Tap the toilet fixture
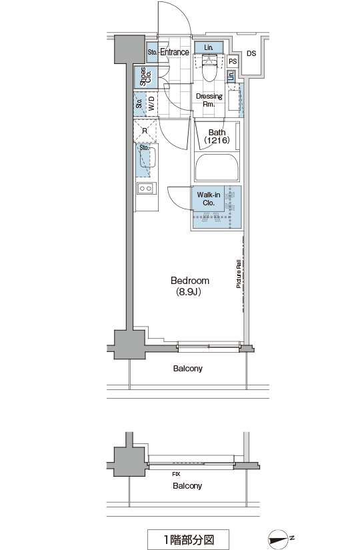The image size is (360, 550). click(x=209, y=68)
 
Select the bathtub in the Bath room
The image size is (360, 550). click(x=217, y=167)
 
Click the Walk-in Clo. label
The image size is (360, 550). click(x=209, y=199)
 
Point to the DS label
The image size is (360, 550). click(x=251, y=54)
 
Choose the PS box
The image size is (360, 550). click(x=233, y=61)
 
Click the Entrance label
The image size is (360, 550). click(x=175, y=52)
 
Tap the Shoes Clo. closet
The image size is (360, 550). click(x=146, y=77)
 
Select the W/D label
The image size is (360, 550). click(x=151, y=104)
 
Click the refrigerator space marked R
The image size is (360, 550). click(x=145, y=131)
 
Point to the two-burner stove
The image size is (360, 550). click(x=146, y=189)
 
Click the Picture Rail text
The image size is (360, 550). click(x=239, y=274)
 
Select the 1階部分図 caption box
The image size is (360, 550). click(x=188, y=539)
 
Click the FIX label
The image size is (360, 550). click(x=176, y=474)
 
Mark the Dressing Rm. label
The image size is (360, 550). click(x=209, y=100)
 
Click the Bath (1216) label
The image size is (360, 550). click(x=217, y=137)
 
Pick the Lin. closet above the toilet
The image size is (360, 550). click(x=209, y=47)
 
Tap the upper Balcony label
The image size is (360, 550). click(x=188, y=369)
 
